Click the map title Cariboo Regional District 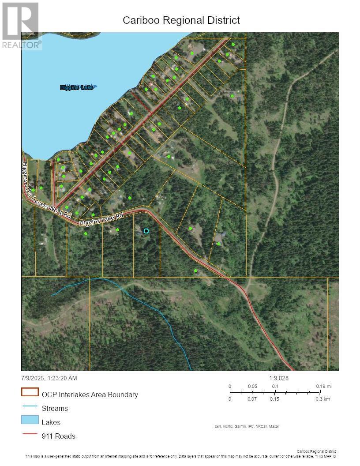(x=181, y=20)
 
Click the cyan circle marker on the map (x=146, y=231)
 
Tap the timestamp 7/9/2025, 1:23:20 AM (x=49, y=378)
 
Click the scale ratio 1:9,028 (x=279, y=378)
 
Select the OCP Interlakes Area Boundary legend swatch (x=30, y=392)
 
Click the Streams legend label (x=55, y=409)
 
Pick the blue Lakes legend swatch (x=30, y=420)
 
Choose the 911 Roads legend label (x=58, y=436)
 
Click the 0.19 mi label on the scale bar (x=324, y=386)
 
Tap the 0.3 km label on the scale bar (x=322, y=399)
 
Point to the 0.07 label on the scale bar (x=252, y=399)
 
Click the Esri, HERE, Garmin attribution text (x=246, y=426)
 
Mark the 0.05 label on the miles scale (x=252, y=386)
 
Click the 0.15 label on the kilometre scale (x=275, y=399)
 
